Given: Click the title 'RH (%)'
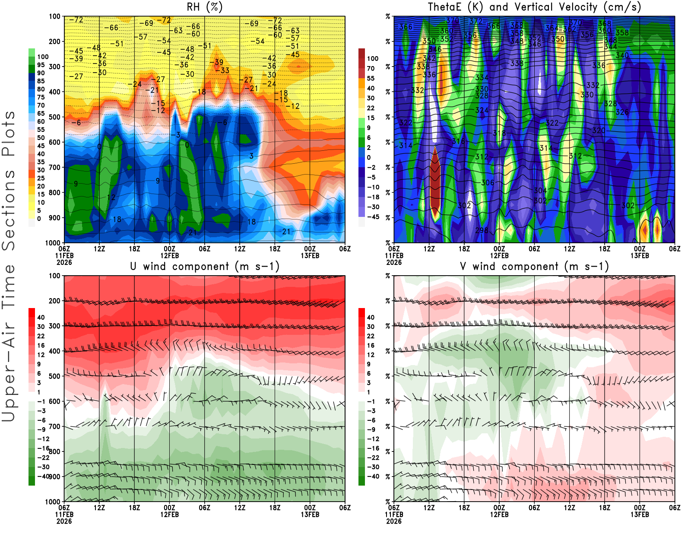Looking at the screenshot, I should [204, 7].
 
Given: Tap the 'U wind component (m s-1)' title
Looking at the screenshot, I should [204, 267].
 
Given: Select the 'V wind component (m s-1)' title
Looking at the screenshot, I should [534, 267].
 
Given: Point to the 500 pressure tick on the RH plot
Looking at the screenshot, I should [55, 117].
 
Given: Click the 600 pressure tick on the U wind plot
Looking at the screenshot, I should [55, 401].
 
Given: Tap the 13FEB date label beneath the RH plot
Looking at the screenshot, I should [310, 255].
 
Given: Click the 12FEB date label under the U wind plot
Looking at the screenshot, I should [169, 515].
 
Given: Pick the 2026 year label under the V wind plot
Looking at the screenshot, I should [394, 521].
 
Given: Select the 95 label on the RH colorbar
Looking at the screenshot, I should [41, 65].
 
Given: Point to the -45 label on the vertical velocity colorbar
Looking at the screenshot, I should [373, 217].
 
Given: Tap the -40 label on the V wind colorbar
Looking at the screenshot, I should [373, 477].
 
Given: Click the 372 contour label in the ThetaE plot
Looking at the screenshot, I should [476, 21].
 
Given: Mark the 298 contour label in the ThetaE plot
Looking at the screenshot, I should [482, 231].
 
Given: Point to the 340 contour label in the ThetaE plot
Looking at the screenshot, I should [622, 55].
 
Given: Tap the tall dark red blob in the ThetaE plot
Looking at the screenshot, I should [435, 181].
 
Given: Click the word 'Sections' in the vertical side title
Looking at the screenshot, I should [9, 210].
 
